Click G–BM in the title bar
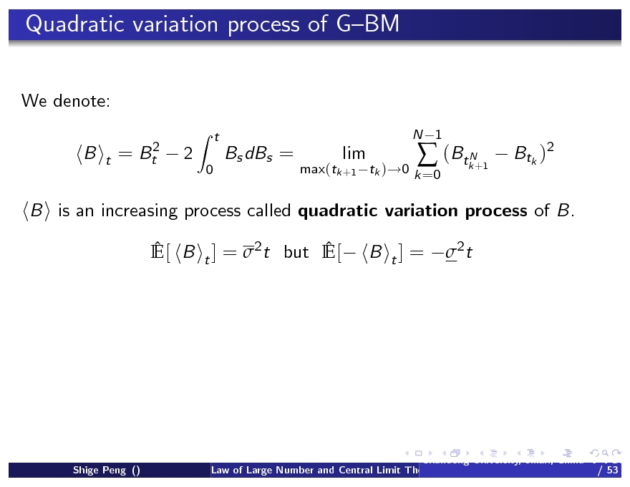pyautogui.click(x=366, y=25)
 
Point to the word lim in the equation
pyautogui.click(x=354, y=153)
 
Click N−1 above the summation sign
pyautogui.click(x=427, y=135)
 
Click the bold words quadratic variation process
pyautogui.click(x=413, y=211)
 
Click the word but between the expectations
pyautogui.click(x=296, y=252)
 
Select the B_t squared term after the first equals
pyautogui.click(x=149, y=153)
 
